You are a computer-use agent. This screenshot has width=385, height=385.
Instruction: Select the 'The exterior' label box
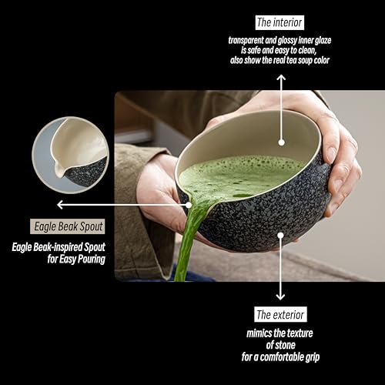pos(281,314)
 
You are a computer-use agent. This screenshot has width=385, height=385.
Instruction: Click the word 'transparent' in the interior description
pos(249,38)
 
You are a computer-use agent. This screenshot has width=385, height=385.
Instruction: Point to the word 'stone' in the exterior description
pos(280,346)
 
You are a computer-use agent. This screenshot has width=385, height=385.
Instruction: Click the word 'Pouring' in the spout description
pos(85,259)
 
